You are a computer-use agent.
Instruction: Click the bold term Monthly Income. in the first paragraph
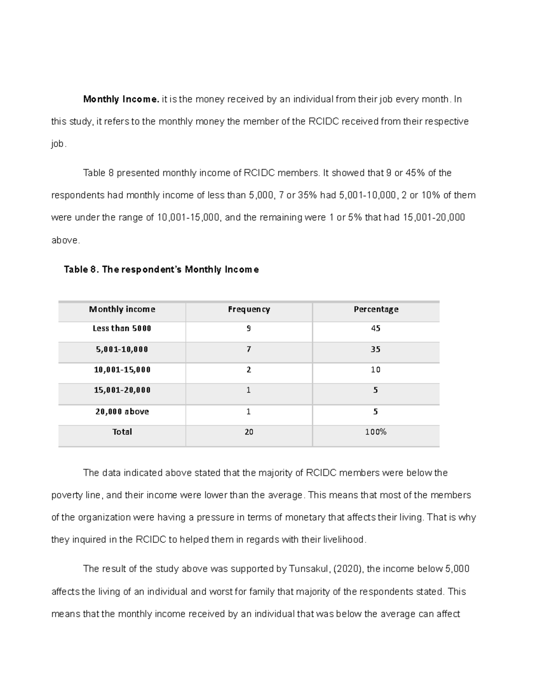121,99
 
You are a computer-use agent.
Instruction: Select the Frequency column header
249,309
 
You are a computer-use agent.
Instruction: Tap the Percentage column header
376,309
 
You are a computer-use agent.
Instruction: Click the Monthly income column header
122,309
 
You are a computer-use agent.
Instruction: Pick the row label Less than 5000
122,329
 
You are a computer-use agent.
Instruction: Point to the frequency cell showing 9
249,329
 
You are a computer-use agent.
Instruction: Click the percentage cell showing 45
376,329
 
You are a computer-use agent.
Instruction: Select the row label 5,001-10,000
122,349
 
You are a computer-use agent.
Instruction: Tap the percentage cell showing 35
376,349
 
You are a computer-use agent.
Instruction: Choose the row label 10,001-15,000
122,370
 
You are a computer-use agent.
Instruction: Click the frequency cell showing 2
249,370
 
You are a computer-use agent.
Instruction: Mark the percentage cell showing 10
376,370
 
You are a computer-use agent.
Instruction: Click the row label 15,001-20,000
122,390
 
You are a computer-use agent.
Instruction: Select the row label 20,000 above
122,411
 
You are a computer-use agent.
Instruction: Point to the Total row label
122,432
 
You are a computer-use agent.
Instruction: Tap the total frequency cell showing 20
249,432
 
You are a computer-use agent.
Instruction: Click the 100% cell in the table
376,432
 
